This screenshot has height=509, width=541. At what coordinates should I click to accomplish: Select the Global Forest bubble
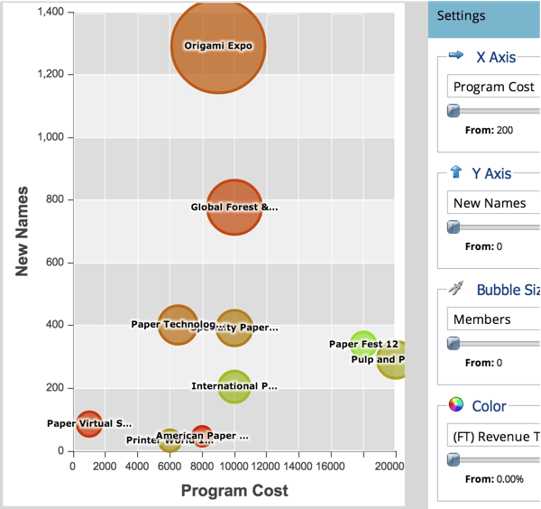tap(234, 207)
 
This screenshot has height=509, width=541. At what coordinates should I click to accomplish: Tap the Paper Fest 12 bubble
tap(363, 344)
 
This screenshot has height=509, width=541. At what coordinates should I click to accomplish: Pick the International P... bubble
tap(234, 386)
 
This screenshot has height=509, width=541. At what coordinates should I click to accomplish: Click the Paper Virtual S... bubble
tap(88, 422)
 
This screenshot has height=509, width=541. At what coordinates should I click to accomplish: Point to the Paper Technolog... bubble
tap(178, 325)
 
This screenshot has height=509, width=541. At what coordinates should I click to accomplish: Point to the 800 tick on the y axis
tap(56, 199)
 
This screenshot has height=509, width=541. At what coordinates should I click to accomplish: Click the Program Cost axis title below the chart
tap(234, 491)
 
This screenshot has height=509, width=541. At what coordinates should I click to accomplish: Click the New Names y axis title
tap(23, 231)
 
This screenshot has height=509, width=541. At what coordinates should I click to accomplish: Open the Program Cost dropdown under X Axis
tap(493, 87)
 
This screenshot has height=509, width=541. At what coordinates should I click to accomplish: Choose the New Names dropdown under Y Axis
tap(493, 203)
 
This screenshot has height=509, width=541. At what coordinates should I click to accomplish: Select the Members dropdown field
tap(493, 319)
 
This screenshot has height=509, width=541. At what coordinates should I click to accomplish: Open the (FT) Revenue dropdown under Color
tap(493, 436)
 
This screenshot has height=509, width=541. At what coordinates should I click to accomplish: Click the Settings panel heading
tap(462, 15)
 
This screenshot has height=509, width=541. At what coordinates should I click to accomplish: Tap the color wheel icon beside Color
tap(456, 405)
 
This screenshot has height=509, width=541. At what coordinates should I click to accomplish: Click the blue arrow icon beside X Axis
tap(456, 56)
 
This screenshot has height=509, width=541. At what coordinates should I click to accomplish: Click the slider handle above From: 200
tap(454, 111)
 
